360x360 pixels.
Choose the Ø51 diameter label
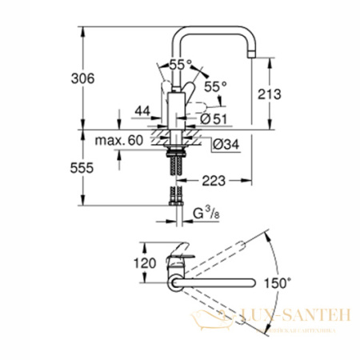210,118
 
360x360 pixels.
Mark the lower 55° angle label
215,85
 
